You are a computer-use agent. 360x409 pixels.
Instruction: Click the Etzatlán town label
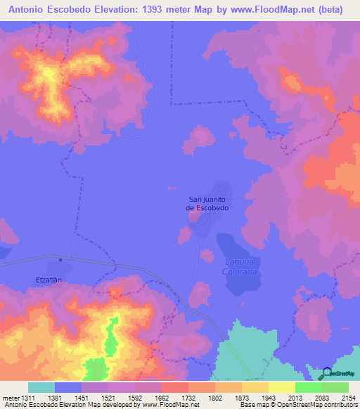click(49, 279)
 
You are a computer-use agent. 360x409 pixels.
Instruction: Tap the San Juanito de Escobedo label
click(207, 204)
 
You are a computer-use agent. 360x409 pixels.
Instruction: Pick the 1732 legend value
click(175, 398)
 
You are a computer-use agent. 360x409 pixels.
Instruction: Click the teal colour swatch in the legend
click(41, 387)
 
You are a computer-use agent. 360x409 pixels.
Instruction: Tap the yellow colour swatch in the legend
click(281, 387)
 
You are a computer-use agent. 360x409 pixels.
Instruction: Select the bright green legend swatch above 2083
click(308, 387)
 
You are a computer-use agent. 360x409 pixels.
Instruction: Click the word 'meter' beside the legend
click(12, 398)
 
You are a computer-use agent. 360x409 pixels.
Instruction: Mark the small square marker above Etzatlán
click(61, 259)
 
